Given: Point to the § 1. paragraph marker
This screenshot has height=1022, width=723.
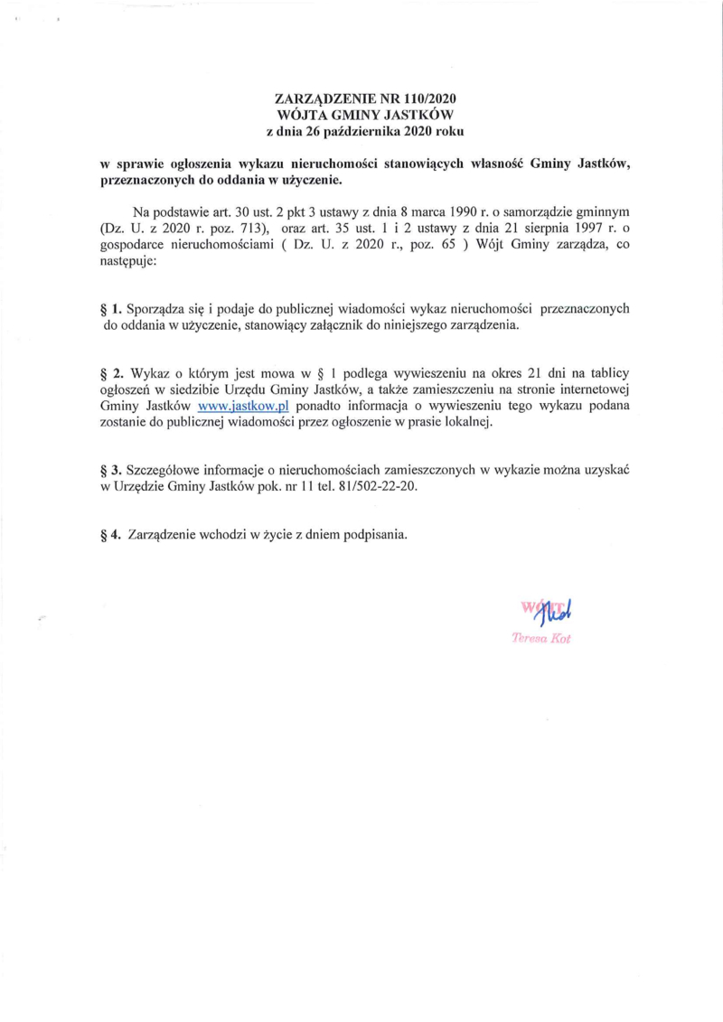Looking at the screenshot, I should tap(110, 309).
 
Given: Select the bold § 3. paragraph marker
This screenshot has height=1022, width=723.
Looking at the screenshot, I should tap(110, 470).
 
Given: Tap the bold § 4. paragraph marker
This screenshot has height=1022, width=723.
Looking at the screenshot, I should tap(110, 532).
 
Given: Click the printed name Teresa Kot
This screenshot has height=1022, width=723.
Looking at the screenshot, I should tap(542, 638).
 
